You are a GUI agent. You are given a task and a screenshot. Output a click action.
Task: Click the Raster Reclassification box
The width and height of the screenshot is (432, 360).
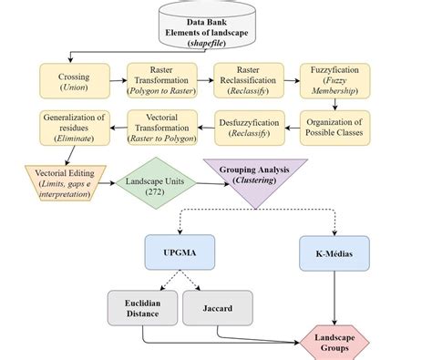249,81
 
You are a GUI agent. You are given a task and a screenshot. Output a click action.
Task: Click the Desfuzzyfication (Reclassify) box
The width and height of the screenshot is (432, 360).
249,127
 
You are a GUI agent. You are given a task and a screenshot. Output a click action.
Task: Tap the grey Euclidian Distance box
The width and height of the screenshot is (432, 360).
143,308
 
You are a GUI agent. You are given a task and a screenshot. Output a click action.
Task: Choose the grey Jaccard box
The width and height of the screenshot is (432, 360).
218,308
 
